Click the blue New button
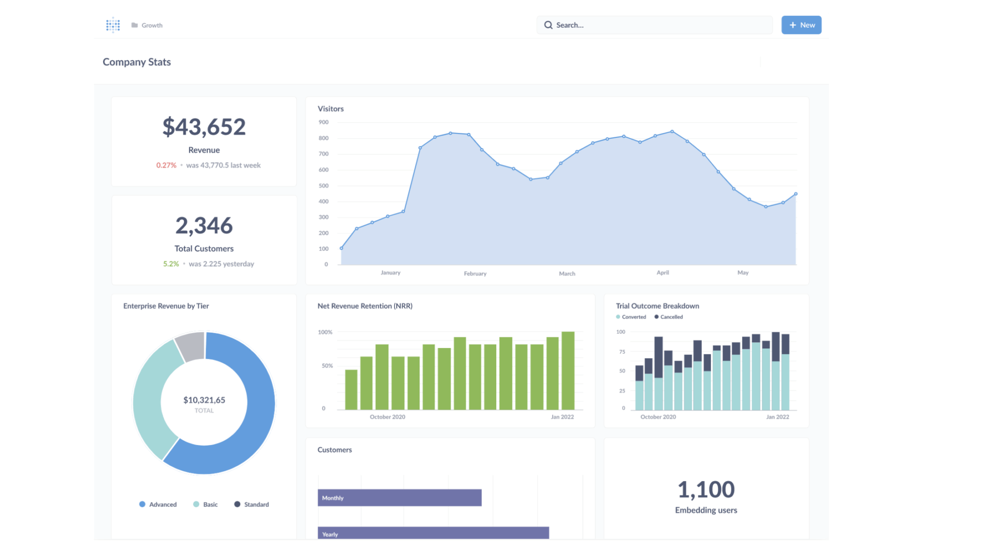[801, 25]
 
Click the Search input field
[654, 25]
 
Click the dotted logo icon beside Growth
[113, 25]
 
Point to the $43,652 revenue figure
[204, 127]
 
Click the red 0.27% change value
[166, 165]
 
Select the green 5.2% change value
[171, 264]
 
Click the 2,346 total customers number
[204, 225]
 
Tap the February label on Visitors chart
[475, 274]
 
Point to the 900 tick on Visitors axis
[324, 122]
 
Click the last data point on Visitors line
[796, 194]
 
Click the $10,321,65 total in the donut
[204, 400]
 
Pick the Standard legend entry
[252, 505]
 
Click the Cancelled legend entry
[669, 317]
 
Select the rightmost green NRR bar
[568, 371]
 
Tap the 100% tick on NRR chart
[325, 332]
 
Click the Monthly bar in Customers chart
[399, 498]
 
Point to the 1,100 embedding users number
[706, 490]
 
